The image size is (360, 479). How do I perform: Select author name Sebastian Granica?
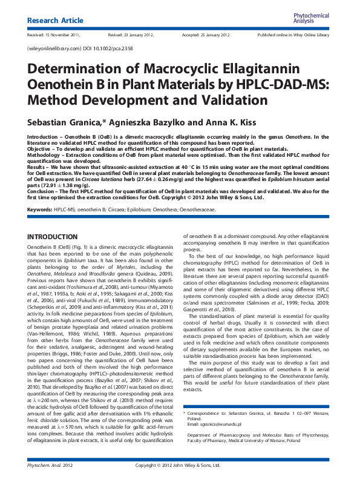pyautogui.click(x=67, y=120)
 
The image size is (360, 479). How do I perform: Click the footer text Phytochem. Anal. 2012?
pyautogui.click(x=51, y=466)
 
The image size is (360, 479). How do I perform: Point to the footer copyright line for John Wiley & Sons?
pyautogui.click(x=180, y=466)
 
